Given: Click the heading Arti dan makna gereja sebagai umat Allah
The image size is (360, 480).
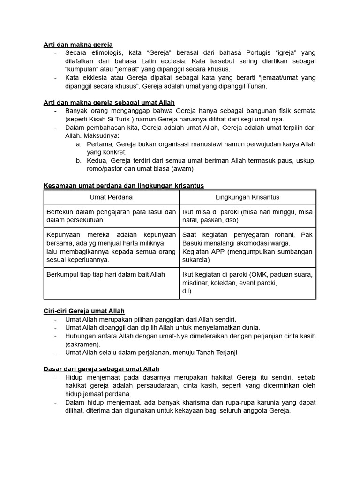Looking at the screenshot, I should [109, 103].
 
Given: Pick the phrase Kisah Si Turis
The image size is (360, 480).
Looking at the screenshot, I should [106, 119].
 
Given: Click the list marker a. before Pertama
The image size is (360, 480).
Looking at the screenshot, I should [79, 144].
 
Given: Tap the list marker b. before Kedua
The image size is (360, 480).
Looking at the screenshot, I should [79, 161].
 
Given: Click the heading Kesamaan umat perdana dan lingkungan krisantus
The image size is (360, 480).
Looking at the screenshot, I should [123, 186].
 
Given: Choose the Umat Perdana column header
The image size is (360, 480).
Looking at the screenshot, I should [111, 197].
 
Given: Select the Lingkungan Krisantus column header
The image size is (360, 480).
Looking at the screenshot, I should [247, 197].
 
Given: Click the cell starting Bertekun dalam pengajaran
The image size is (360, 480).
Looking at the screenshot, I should [111, 216].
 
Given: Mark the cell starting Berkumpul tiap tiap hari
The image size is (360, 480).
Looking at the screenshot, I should [105, 274].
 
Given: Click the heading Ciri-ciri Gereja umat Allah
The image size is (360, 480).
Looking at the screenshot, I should [84, 311].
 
